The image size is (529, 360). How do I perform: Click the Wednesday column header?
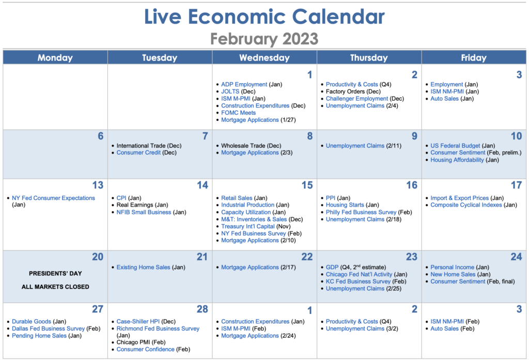pos(264,58)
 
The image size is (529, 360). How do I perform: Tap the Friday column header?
pos(474,58)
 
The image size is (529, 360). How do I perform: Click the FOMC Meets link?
pos(238,113)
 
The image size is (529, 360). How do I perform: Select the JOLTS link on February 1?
pos(230,91)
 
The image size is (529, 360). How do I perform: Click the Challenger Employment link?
pos(357,99)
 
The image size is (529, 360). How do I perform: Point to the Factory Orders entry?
pos(353,91)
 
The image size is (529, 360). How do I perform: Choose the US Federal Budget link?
pos(455,146)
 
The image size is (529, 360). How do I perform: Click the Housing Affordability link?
pos(457,160)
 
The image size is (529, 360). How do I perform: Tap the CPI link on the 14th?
pos(121,198)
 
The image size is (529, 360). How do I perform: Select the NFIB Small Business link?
pos(144,212)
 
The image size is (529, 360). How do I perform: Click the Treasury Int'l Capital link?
pos(248,226)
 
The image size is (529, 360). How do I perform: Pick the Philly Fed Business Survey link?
pos(361,212)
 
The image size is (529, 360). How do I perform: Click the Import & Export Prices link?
pos(459,198)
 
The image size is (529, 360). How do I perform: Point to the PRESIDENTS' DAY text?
pos(55,273)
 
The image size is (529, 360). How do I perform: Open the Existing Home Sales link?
pos(144,267)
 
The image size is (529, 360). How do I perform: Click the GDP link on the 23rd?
pos(332,267)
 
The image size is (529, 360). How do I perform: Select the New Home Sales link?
pos(453,274)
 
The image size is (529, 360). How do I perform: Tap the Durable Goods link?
pos(32,322)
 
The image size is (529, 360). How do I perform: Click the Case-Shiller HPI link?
pos(138,322)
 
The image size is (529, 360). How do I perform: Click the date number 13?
pos(98,185)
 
